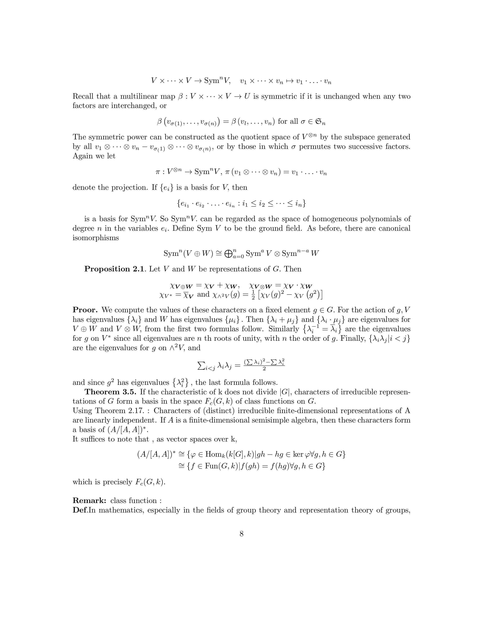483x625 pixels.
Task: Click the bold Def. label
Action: (80, 510)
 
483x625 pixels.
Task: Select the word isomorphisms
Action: (96, 238)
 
